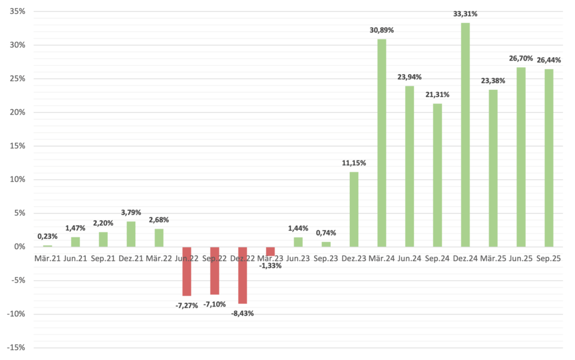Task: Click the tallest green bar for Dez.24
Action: (x=465, y=135)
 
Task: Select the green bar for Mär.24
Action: (x=382, y=143)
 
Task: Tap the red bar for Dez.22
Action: (x=243, y=275)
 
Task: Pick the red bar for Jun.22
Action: (x=186, y=271)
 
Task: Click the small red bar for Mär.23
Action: (x=270, y=251)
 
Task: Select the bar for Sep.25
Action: (x=549, y=158)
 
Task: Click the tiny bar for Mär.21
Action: (x=47, y=246)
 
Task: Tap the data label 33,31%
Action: (x=466, y=14)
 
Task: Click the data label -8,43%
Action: (x=243, y=313)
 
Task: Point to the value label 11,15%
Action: (x=354, y=163)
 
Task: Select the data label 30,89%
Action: (x=382, y=30)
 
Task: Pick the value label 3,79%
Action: (x=131, y=213)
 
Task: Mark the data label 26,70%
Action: (x=521, y=58)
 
